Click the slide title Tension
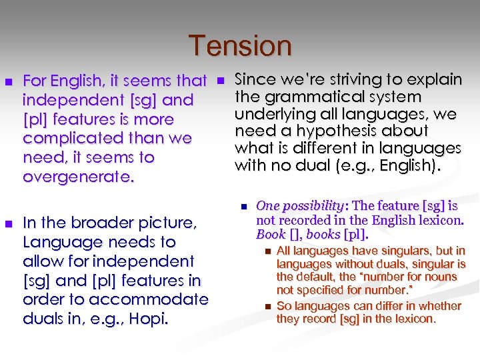coord(240,46)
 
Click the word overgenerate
coord(77,177)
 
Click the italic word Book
coord(270,234)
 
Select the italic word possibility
coord(313,206)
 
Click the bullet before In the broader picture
coord(9,223)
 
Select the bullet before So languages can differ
coord(267,306)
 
